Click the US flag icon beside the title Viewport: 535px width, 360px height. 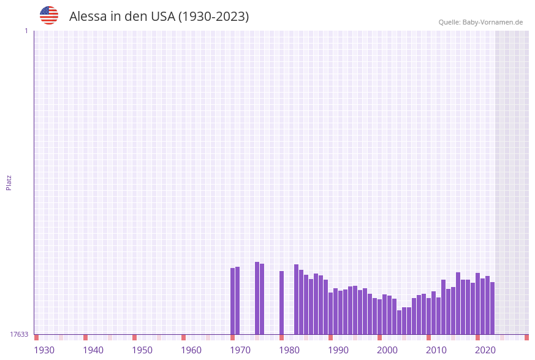49,15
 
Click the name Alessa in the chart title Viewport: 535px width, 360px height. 88,17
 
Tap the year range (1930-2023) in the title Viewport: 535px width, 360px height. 213,17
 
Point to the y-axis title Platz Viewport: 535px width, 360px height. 9,183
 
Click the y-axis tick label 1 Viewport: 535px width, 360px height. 26,31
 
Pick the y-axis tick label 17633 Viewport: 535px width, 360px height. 19,334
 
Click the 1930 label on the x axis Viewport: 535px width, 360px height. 44,350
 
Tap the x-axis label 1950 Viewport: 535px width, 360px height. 142,350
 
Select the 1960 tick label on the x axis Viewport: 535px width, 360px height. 191,350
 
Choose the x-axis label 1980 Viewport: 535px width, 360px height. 289,350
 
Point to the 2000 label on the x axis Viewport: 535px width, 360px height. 387,350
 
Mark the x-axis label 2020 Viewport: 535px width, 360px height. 485,350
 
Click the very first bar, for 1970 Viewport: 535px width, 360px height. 233,301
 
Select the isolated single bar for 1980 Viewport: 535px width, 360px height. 282,303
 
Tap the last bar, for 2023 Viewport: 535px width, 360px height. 492,308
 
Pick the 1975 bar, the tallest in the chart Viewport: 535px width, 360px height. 257,298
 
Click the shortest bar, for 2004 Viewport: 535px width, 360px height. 400,322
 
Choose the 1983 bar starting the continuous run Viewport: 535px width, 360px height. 297,299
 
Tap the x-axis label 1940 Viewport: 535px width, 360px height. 93,350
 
